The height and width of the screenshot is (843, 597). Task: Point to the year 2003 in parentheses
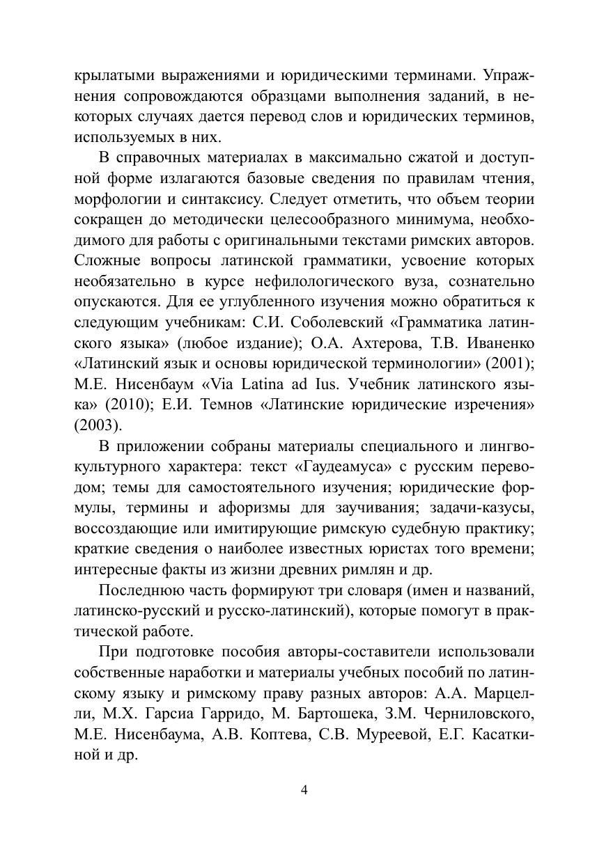coord(98,425)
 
